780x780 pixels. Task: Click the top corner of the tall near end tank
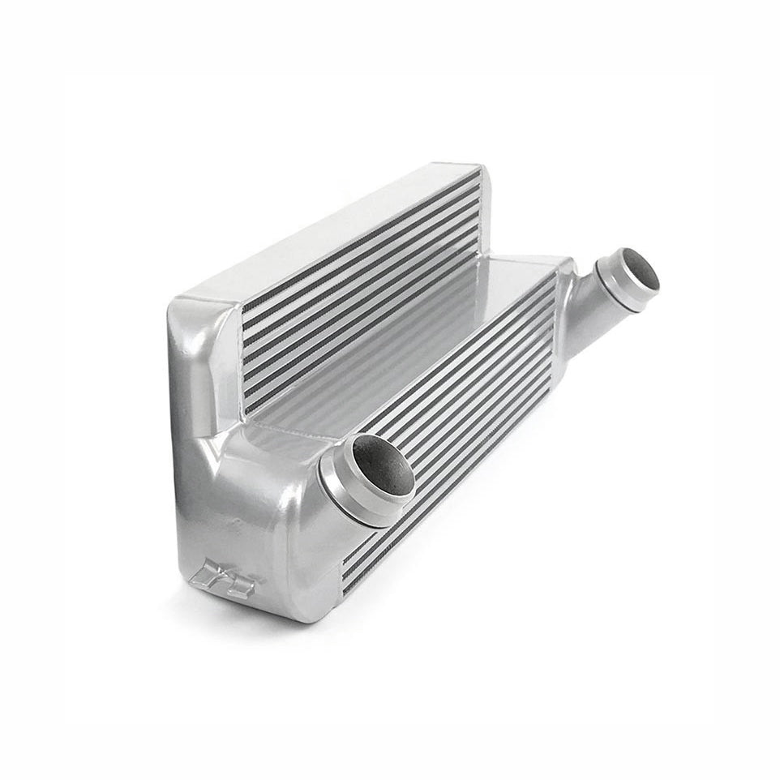(x=183, y=302)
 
